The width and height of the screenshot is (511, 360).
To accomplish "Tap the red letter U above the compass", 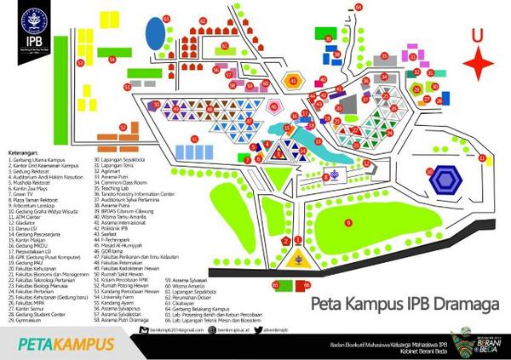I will pyautogui.click(x=477, y=34).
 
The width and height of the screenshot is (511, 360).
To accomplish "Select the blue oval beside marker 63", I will pyautogui.click(x=155, y=36).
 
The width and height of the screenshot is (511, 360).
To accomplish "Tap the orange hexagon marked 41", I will pyautogui.click(x=295, y=81).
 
